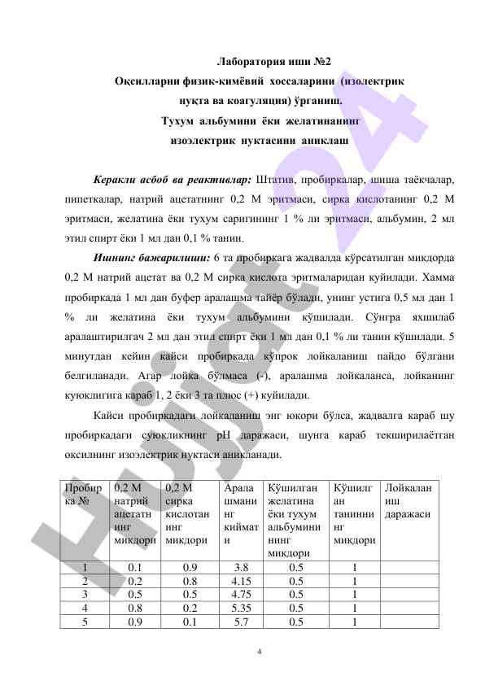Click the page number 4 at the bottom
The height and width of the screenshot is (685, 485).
(259, 652)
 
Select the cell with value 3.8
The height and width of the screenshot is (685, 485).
(241, 567)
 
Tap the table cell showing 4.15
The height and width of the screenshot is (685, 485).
(241, 581)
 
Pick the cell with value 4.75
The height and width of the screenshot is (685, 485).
(241, 594)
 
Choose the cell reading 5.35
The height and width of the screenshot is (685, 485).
(241, 607)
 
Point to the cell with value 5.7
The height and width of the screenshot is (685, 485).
(241, 621)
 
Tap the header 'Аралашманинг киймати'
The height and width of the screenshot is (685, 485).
(241, 513)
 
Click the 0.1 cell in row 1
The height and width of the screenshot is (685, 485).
(136, 567)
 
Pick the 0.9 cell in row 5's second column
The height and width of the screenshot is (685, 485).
(136, 621)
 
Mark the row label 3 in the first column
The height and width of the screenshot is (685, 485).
(85, 594)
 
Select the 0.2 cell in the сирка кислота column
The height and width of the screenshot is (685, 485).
(190, 607)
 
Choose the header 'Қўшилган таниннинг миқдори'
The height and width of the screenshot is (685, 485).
(353, 513)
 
